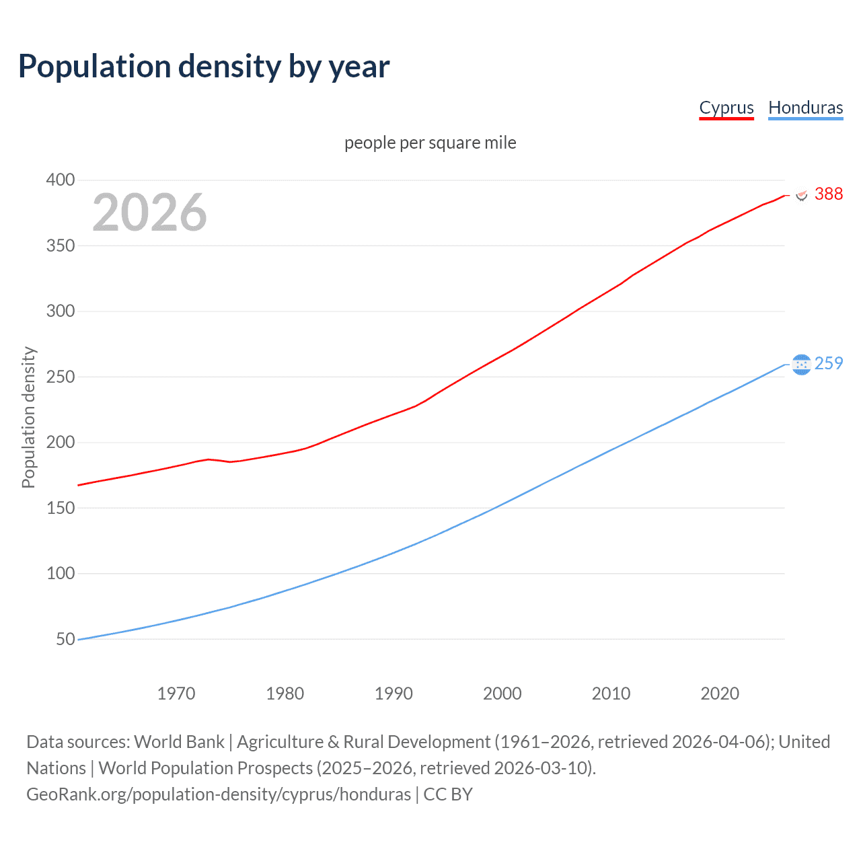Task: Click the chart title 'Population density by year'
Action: point(204,67)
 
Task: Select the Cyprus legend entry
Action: point(726,108)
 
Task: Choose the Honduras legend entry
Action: point(805,108)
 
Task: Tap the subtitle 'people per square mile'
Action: point(430,143)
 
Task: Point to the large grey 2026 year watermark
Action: point(149,213)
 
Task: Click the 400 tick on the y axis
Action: point(61,180)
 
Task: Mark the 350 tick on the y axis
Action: point(61,246)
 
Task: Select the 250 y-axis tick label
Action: point(61,377)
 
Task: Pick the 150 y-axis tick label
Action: point(61,508)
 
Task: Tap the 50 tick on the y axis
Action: point(65,639)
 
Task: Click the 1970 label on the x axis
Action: point(176,694)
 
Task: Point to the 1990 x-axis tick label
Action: point(394,694)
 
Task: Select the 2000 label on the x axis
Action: point(502,694)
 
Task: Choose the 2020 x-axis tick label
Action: point(720,694)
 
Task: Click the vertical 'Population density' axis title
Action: point(28,417)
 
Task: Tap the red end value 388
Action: point(829,194)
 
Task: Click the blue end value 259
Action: point(829,364)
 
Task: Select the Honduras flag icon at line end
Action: point(801,364)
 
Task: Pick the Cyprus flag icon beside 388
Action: point(802,194)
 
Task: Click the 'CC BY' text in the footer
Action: point(448,794)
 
